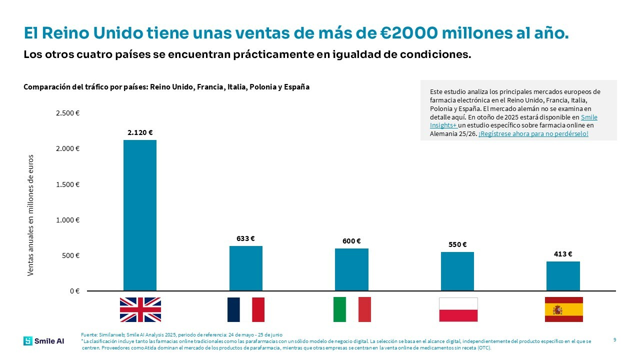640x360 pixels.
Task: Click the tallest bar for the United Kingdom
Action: [x=140, y=215]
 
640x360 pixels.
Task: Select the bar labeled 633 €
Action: [x=245, y=268]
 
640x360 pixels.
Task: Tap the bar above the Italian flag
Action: [x=351, y=269]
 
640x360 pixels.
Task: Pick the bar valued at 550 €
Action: [x=457, y=271]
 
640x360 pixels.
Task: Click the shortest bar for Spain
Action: [x=563, y=276]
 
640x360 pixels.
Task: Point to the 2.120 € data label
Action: [x=140, y=132]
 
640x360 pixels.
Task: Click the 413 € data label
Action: [x=563, y=254]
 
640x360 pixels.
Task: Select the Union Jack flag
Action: [x=140, y=309]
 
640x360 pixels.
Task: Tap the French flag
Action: [x=245, y=309]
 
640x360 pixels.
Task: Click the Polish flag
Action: [x=458, y=309]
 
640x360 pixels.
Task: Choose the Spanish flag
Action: [x=563, y=309]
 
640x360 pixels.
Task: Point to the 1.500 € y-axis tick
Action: [x=68, y=184]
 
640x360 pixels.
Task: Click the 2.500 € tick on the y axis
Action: [x=68, y=113]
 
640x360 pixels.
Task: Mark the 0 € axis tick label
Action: [x=74, y=291]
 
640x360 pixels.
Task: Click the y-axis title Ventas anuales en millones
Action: [x=30, y=215]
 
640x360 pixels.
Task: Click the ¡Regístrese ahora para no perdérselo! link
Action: [x=533, y=134]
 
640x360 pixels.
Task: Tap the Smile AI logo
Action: [x=43, y=341]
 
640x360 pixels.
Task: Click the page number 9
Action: [x=614, y=340]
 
